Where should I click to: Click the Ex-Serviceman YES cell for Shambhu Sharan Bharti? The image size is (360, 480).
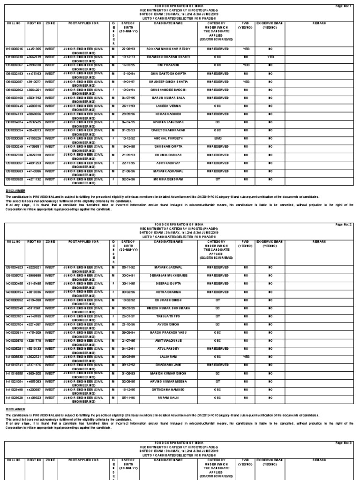(x=270, y=57)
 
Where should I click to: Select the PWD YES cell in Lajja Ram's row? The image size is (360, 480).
(x=245, y=357)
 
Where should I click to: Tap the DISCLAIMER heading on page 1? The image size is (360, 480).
(x=15, y=191)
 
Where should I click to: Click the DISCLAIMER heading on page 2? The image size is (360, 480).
(x=15, y=410)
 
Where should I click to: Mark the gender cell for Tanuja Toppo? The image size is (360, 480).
(x=113, y=316)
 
